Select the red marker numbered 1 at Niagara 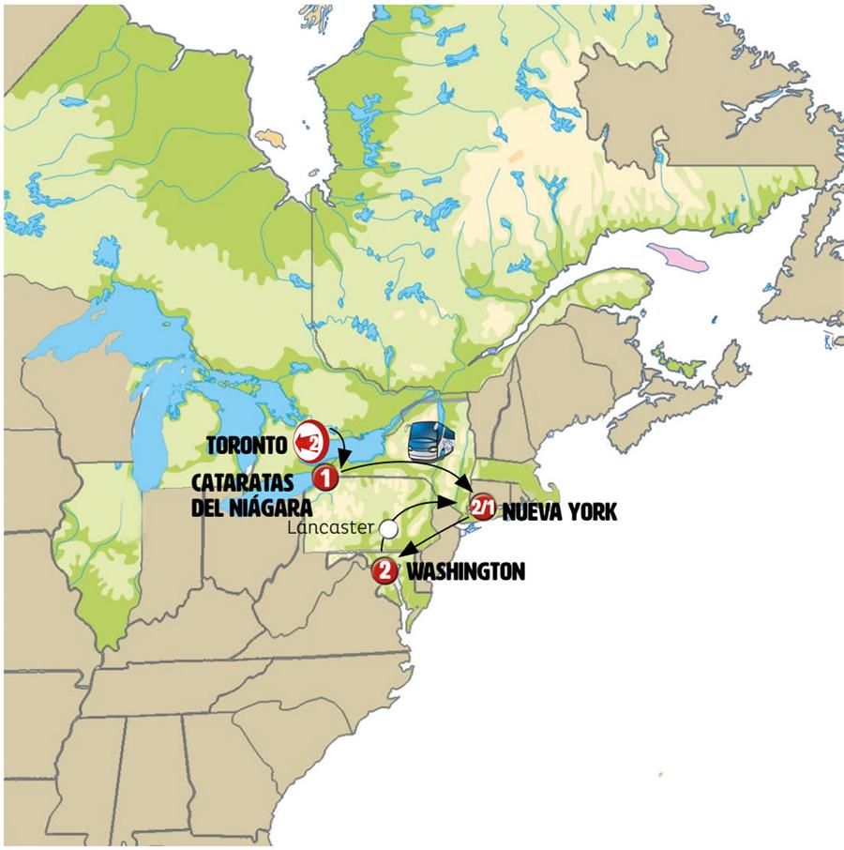[x=325, y=478]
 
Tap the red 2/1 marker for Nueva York [x=482, y=507]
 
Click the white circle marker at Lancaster [x=387, y=529]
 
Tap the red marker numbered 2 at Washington [x=384, y=569]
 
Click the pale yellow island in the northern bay [x=269, y=138]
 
